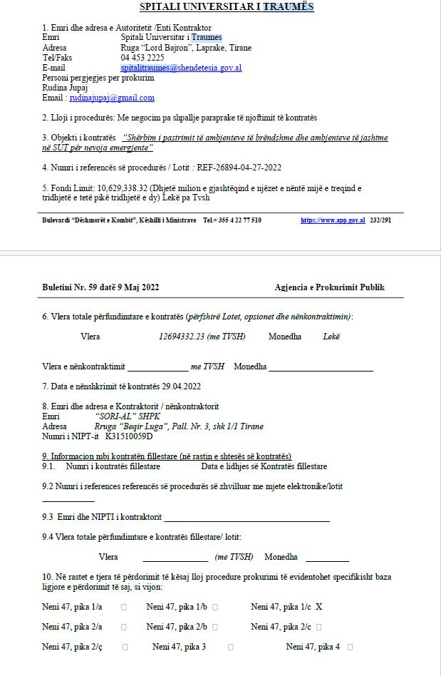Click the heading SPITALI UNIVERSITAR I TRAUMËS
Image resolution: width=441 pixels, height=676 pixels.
coord(227,7)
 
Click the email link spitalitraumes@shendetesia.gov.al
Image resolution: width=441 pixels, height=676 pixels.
coord(181,68)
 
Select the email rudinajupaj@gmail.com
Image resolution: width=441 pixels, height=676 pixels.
coord(113,98)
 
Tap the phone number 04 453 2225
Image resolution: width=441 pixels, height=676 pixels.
coord(142,58)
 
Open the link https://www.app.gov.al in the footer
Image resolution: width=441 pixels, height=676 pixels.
coord(333,220)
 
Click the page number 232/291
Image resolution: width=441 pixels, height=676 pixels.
coord(380,220)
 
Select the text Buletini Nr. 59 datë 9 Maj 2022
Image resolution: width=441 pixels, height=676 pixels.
coord(100,287)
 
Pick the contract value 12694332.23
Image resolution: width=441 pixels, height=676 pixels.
coord(182,337)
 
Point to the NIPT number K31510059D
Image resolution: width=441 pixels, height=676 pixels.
coord(129,436)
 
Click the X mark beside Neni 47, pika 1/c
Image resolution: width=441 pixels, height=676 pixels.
coord(319,607)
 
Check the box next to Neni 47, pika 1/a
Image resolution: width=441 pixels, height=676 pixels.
coord(124,608)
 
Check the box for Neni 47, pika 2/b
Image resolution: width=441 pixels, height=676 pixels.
coord(215,628)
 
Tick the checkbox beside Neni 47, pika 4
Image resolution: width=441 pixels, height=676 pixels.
coord(350,647)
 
